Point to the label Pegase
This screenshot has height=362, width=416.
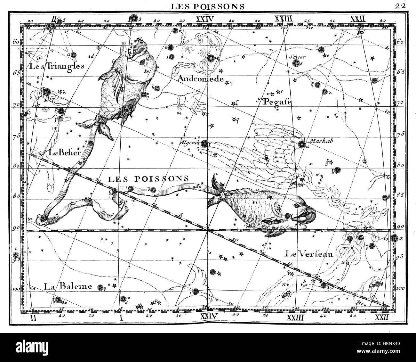(277, 102)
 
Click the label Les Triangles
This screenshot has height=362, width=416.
(57, 66)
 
